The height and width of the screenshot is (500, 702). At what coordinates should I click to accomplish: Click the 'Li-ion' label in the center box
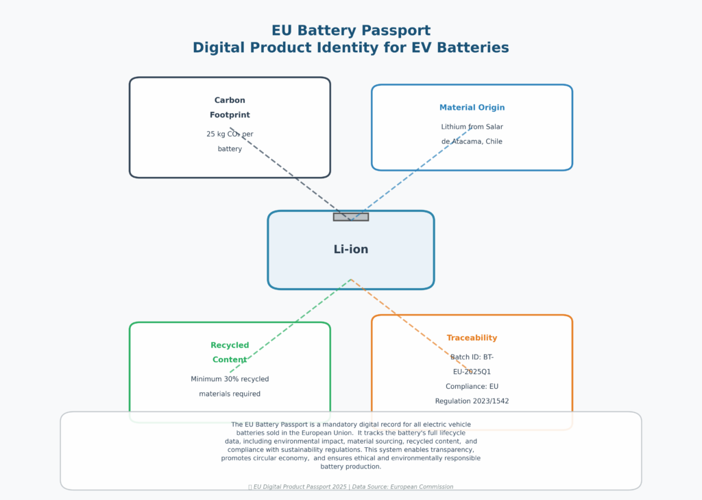(350, 250)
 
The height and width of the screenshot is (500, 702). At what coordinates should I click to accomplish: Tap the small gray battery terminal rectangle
(350, 217)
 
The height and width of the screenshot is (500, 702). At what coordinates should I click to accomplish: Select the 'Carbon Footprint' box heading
(230, 108)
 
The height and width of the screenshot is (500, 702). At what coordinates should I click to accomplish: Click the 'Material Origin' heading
(472, 108)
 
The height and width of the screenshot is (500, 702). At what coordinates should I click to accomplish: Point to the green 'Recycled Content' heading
(230, 353)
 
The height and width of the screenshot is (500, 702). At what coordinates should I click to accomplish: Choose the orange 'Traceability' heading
(472, 338)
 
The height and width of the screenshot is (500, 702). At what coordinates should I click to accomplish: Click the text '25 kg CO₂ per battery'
(230, 141)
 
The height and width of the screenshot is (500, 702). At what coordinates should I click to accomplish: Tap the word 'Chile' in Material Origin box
(492, 142)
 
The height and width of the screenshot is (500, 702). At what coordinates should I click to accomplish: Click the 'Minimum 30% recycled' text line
(230, 379)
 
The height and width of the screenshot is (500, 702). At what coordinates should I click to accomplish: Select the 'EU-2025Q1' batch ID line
(472, 372)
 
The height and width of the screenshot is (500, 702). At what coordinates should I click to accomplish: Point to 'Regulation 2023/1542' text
(472, 401)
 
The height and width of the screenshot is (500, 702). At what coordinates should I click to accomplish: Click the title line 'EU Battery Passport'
(350, 31)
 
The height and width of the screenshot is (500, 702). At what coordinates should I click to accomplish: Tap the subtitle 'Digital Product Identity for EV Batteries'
(350, 48)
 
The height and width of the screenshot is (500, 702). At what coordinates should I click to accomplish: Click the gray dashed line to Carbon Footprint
(288, 172)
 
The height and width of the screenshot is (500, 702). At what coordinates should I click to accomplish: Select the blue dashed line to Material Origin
(411, 174)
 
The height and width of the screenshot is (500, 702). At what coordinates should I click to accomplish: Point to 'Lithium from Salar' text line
(472, 127)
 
